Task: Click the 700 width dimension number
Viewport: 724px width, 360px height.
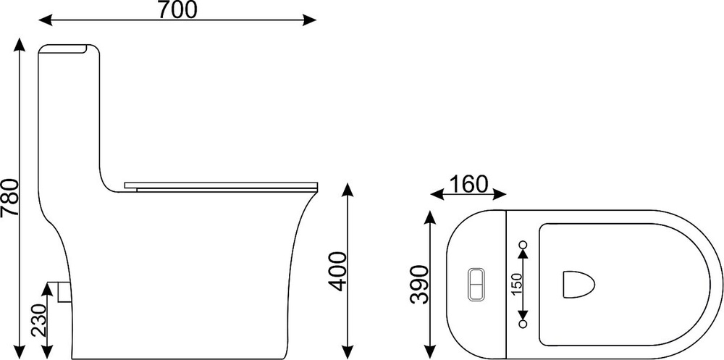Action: coord(177,9)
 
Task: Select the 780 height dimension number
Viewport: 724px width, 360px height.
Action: coord(9,198)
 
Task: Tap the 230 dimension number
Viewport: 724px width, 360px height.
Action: coord(40,319)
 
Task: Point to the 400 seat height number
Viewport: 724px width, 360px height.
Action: coord(337,272)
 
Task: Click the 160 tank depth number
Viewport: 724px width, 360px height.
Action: coord(468,184)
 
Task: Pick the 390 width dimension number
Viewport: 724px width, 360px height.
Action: coord(420,284)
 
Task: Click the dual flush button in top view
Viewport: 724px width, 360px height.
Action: coord(476,284)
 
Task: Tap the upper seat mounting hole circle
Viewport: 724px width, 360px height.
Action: coord(523,244)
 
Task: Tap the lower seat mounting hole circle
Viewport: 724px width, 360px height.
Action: coord(523,324)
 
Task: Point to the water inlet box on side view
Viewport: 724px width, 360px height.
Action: coord(64,292)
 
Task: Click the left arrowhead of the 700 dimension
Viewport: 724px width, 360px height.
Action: coord(46,20)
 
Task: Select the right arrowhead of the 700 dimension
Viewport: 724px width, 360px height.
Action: coord(309,20)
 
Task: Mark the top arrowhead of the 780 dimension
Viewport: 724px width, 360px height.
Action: coord(20,46)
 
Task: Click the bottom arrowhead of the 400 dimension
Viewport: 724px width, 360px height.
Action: coord(348,352)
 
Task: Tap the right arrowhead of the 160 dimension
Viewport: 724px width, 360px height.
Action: coord(500,195)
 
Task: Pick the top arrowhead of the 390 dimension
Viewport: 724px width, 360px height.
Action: coord(430,217)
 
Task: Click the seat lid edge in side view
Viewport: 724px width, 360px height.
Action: coord(221,186)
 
